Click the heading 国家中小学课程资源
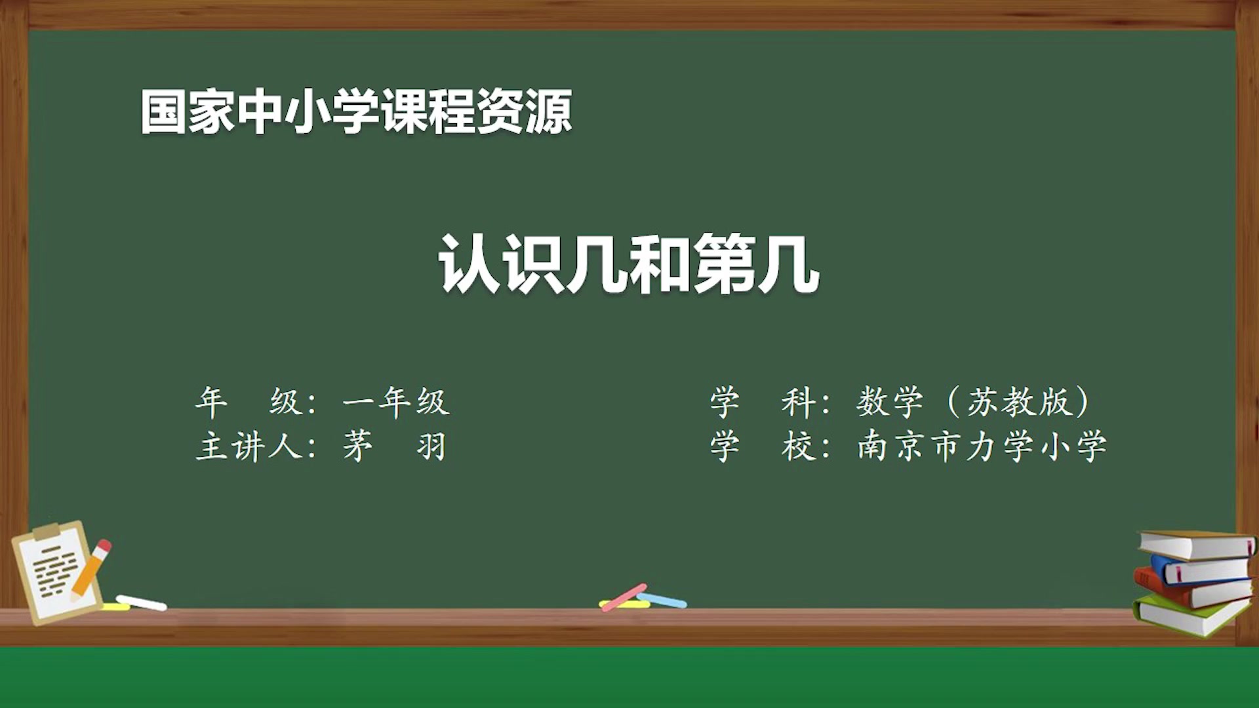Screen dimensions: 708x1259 pyautogui.click(x=356, y=112)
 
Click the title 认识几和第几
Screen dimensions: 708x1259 pyautogui.click(x=629, y=264)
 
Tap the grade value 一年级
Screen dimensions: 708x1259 pyautogui.click(x=396, y=402)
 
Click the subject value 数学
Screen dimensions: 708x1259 pyautogui.click(x=890, y=402)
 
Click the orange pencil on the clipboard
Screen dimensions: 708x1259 pyautogui.click(x=92, y=568)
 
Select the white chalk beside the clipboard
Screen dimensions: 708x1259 pyautogui.click(x=141, y=602)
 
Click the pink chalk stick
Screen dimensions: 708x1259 pyautogui.click(x=624, y=597)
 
